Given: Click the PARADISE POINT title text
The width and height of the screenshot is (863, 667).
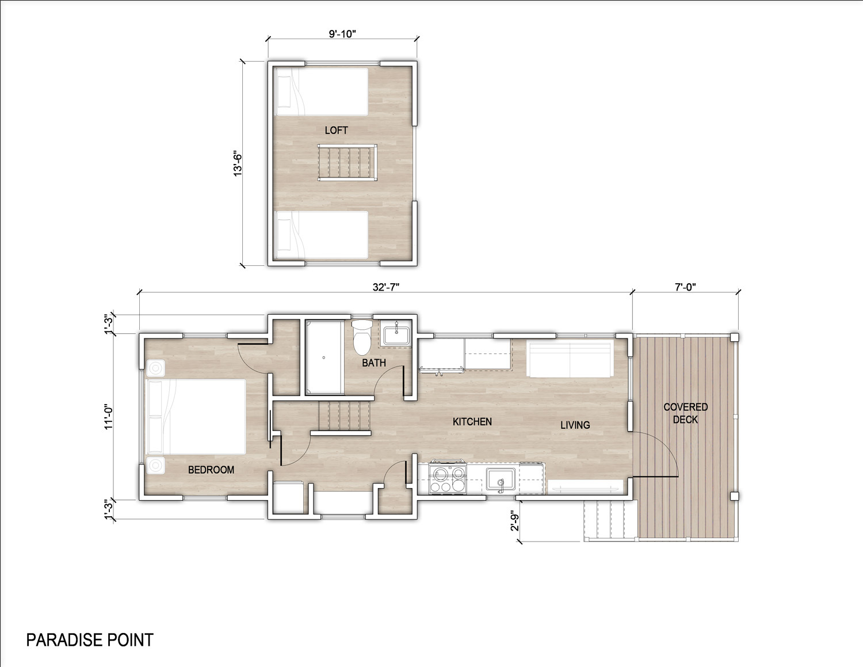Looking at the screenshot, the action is tap(90, 641).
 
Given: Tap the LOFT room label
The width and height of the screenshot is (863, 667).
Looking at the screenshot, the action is tap(337, 130).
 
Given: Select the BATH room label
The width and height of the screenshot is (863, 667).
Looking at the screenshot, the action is tap(374, 363).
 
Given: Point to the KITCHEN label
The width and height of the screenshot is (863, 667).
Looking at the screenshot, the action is tap(472, 421).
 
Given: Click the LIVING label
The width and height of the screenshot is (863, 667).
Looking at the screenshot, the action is tap(575, 425).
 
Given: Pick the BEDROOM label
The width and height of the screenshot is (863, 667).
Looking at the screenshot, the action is tap(211, 470).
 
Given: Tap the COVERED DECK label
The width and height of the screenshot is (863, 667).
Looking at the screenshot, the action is tap(685, 413).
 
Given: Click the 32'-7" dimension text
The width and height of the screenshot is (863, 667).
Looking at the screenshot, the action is tap(385, 287).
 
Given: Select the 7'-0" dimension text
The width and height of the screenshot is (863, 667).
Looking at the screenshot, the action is tap(685, 287).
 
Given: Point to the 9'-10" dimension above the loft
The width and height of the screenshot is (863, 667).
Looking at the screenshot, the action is tap(342, 34).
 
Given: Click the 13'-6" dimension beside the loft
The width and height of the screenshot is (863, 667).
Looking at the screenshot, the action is tap(238, 163).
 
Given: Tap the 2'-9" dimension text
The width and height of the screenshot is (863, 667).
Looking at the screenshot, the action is tap(515, 520).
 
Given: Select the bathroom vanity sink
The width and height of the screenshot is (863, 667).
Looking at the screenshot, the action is tap(396, 335).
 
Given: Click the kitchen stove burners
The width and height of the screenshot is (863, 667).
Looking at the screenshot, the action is tap(448, 479).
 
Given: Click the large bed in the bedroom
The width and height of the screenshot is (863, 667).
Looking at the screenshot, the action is tap(196, 417).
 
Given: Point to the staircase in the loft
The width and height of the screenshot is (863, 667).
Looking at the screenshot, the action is tap(347, 163).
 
